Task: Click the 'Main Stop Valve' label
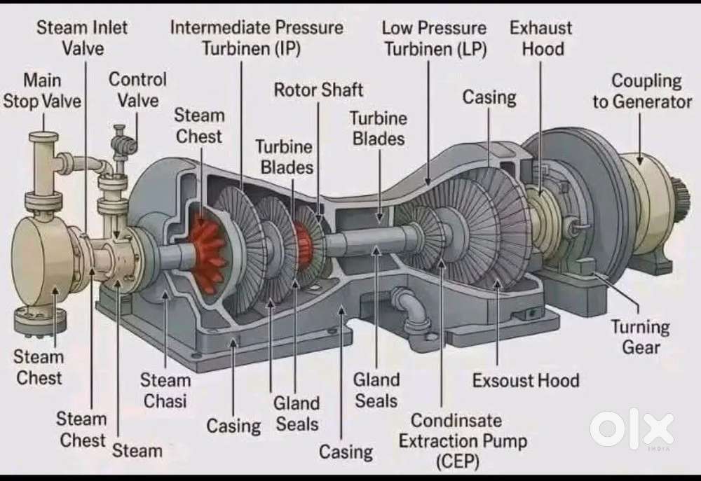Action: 42,90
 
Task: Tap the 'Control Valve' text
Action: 137,90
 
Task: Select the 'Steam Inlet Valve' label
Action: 83,38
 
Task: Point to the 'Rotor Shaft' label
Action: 318,90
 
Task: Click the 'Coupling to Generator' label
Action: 642,91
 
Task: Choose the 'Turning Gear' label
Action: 640,336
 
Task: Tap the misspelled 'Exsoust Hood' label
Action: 526,381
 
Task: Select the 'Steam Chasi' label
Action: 165,391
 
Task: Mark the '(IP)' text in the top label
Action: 286,49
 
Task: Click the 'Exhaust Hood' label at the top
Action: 540,38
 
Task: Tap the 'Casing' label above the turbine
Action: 489,97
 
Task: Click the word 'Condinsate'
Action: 456,421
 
